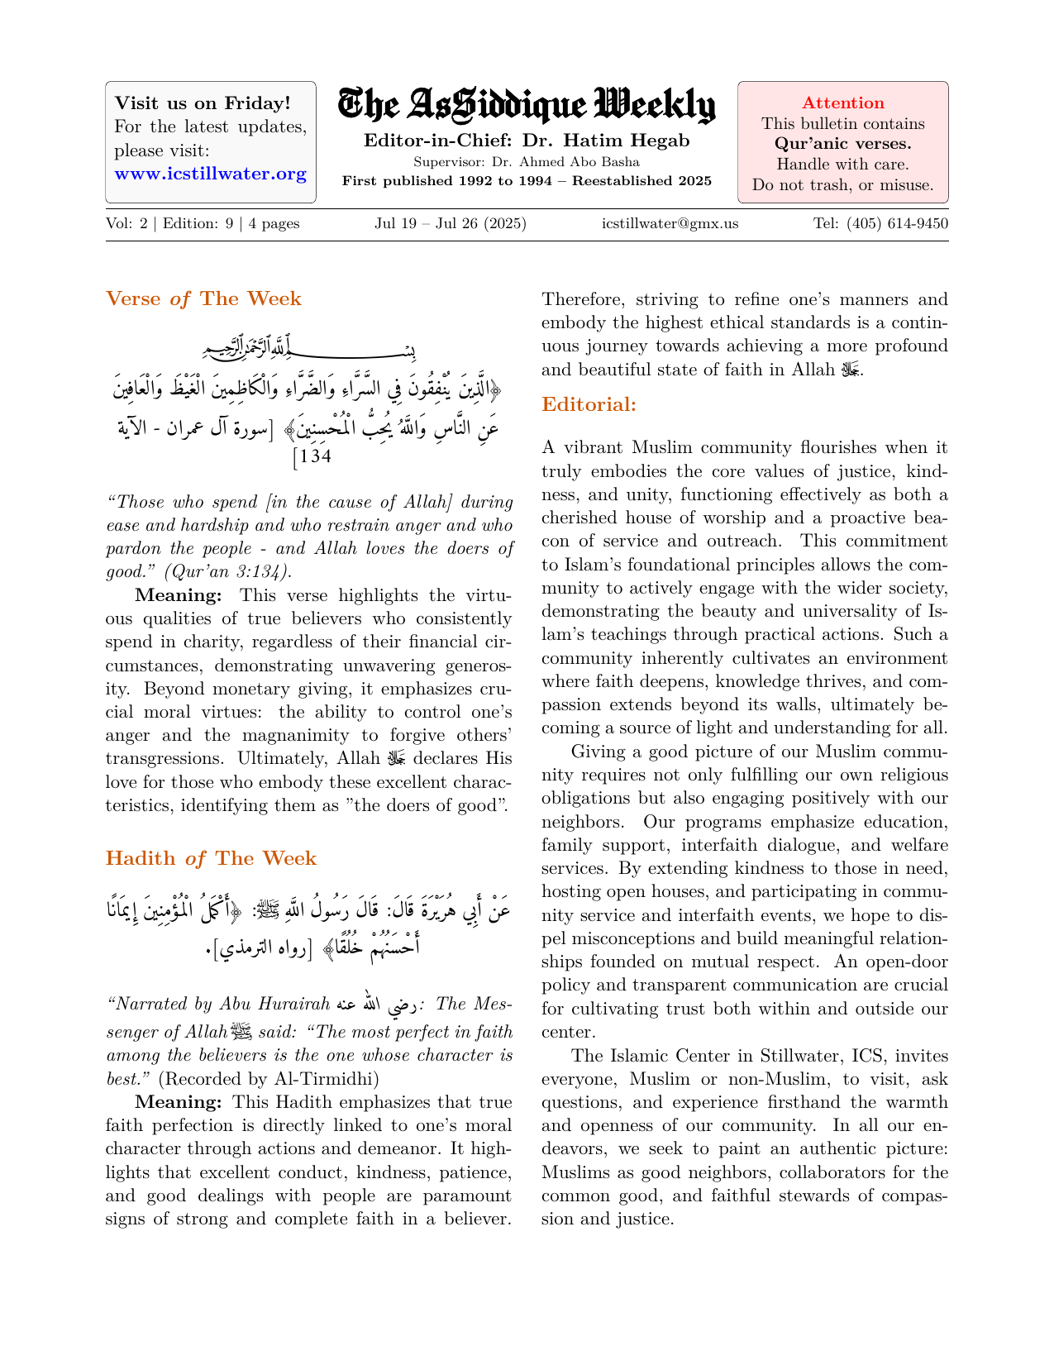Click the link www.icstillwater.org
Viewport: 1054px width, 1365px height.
[x=210, y=174]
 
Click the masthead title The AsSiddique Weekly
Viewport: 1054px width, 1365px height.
[x=527, y=106]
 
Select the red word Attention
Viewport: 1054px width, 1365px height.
[x=842, y=103]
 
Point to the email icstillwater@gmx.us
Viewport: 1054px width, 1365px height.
[x=670, y=224]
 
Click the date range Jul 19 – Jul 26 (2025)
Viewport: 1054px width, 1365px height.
[x=450, y=224]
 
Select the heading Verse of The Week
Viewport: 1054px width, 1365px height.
[x=203, y=298]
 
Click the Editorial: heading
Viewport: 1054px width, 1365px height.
[x=589, y=405]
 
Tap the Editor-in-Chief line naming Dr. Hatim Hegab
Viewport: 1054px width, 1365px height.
[x=527, y=141]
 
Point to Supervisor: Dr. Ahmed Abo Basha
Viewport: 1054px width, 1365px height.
[x=527, y=162]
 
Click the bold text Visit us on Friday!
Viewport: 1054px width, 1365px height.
[x=203, y=103]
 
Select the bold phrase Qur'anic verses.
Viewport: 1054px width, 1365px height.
[x=842, y=144]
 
